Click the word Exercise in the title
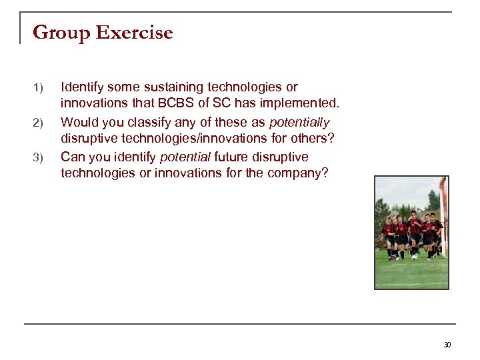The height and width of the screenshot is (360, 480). pos(135,33)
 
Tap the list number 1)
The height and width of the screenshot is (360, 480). pos(38,88)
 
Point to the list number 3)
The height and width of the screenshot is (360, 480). pos(38,158)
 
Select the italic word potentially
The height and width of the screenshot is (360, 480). pos(299,122)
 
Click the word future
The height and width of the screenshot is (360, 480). pos(235,157)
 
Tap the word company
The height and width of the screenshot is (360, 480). pos(298,174)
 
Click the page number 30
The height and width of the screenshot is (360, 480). pos(447,345)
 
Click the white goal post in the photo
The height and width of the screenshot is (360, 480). pos(443,220)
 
